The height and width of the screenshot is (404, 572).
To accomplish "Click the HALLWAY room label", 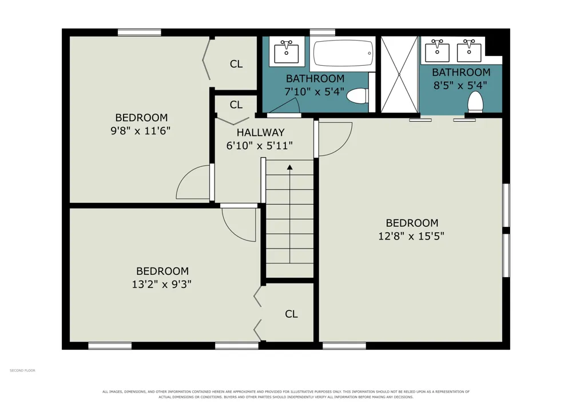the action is [x=260, y=132].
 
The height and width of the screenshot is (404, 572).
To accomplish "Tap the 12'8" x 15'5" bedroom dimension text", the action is [x=411, y=236].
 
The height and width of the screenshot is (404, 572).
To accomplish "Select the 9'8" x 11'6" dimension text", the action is [x=141, y=130].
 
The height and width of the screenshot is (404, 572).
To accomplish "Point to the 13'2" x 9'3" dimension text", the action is [x=162, y=284].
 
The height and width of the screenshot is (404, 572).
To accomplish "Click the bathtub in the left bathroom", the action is [x=343, y=53].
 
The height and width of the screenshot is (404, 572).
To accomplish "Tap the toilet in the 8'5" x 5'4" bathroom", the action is [x=475, y=102].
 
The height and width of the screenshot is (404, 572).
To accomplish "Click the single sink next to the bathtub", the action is [x=287, y=52].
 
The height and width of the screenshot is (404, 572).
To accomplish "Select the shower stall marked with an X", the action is [x=399, y=74].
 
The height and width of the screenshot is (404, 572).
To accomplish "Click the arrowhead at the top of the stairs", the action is [x=289, y=167].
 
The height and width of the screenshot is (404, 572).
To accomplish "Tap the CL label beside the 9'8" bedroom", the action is [x=236, y=64].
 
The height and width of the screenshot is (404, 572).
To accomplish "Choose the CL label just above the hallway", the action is [x=236, y=105].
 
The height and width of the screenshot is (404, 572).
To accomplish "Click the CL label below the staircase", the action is [x=291, y=314].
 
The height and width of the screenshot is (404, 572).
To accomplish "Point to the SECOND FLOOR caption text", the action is [x=22, y=370].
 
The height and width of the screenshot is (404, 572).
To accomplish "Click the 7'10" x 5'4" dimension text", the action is [x=314, y=91].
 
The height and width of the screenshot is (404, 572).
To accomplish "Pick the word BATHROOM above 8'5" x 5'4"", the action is [x=461, y=72].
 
